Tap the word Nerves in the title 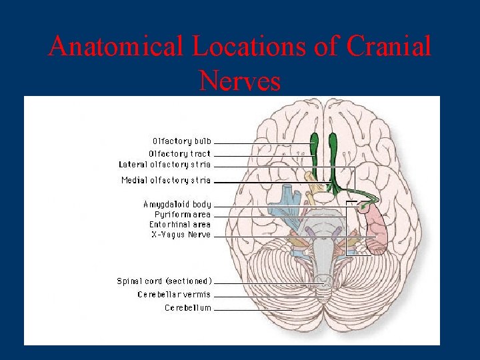pyautogui.click(x=239, y=81)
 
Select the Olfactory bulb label pyautogui.click(x=181, y=141)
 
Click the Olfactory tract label pyautogui.click(x=179, y=153)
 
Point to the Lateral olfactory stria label pyautogui.click(x=165, y=164)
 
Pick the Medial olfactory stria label pyautogui.click(x=166, y=180)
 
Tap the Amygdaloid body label pyautogui.click(x=177, y=204)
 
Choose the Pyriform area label pyautogui.click(x=182, y=215)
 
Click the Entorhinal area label pyautogui.click(x=179, y=225)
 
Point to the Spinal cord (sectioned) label pyautogui.click(x=164, y=281)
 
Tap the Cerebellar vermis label pyautogui.click(x=174, y=295)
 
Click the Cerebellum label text pyautogui.click(x=188, y=308)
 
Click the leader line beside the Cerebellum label pyautogui.click(x=253, y=309)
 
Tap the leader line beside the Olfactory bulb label pyautogui.click(x=263, y=143)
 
